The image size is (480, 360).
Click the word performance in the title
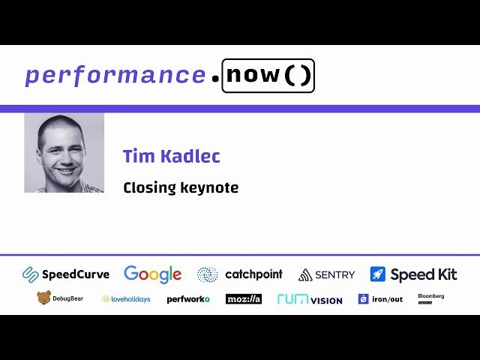115,75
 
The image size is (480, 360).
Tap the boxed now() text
268,76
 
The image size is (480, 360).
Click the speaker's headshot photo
64,153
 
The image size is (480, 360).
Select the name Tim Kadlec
172,157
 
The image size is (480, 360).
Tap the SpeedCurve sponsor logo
66,274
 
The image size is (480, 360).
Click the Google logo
153,274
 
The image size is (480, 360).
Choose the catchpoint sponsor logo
240,274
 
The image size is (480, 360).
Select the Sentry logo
326,274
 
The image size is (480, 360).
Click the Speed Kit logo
413,274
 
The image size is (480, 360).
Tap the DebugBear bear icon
44,298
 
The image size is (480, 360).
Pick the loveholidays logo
126,298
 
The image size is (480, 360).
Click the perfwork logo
188,298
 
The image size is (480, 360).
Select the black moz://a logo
244,298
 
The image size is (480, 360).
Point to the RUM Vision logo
310,298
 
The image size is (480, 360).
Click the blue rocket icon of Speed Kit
378,274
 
